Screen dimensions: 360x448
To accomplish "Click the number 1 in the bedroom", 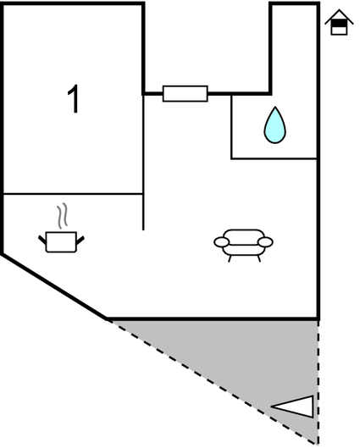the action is [73, 98].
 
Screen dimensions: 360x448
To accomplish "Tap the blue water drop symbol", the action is [274, 125].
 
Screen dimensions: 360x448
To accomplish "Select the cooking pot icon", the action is [61, 241].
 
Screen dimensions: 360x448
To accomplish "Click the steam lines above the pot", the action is [62, 216].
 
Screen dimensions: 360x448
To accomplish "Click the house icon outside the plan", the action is [339, 22].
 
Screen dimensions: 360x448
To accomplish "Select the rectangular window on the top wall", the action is [186, 93].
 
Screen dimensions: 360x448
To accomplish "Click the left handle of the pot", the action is [42, 240].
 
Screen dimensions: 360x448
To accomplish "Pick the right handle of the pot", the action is [80, 241].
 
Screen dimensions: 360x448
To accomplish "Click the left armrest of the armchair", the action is [221, 242].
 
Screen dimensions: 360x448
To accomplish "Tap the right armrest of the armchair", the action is [265, 242].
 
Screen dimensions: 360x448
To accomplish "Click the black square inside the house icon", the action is [339, 24].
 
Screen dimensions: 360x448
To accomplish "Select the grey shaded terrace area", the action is [258, 357].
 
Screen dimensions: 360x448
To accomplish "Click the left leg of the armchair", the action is [230, 259].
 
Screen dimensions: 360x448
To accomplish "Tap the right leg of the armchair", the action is [259, 259].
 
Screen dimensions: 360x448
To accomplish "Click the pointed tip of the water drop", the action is [274, 108].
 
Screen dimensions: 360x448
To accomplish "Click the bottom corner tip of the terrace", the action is [318, 444].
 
